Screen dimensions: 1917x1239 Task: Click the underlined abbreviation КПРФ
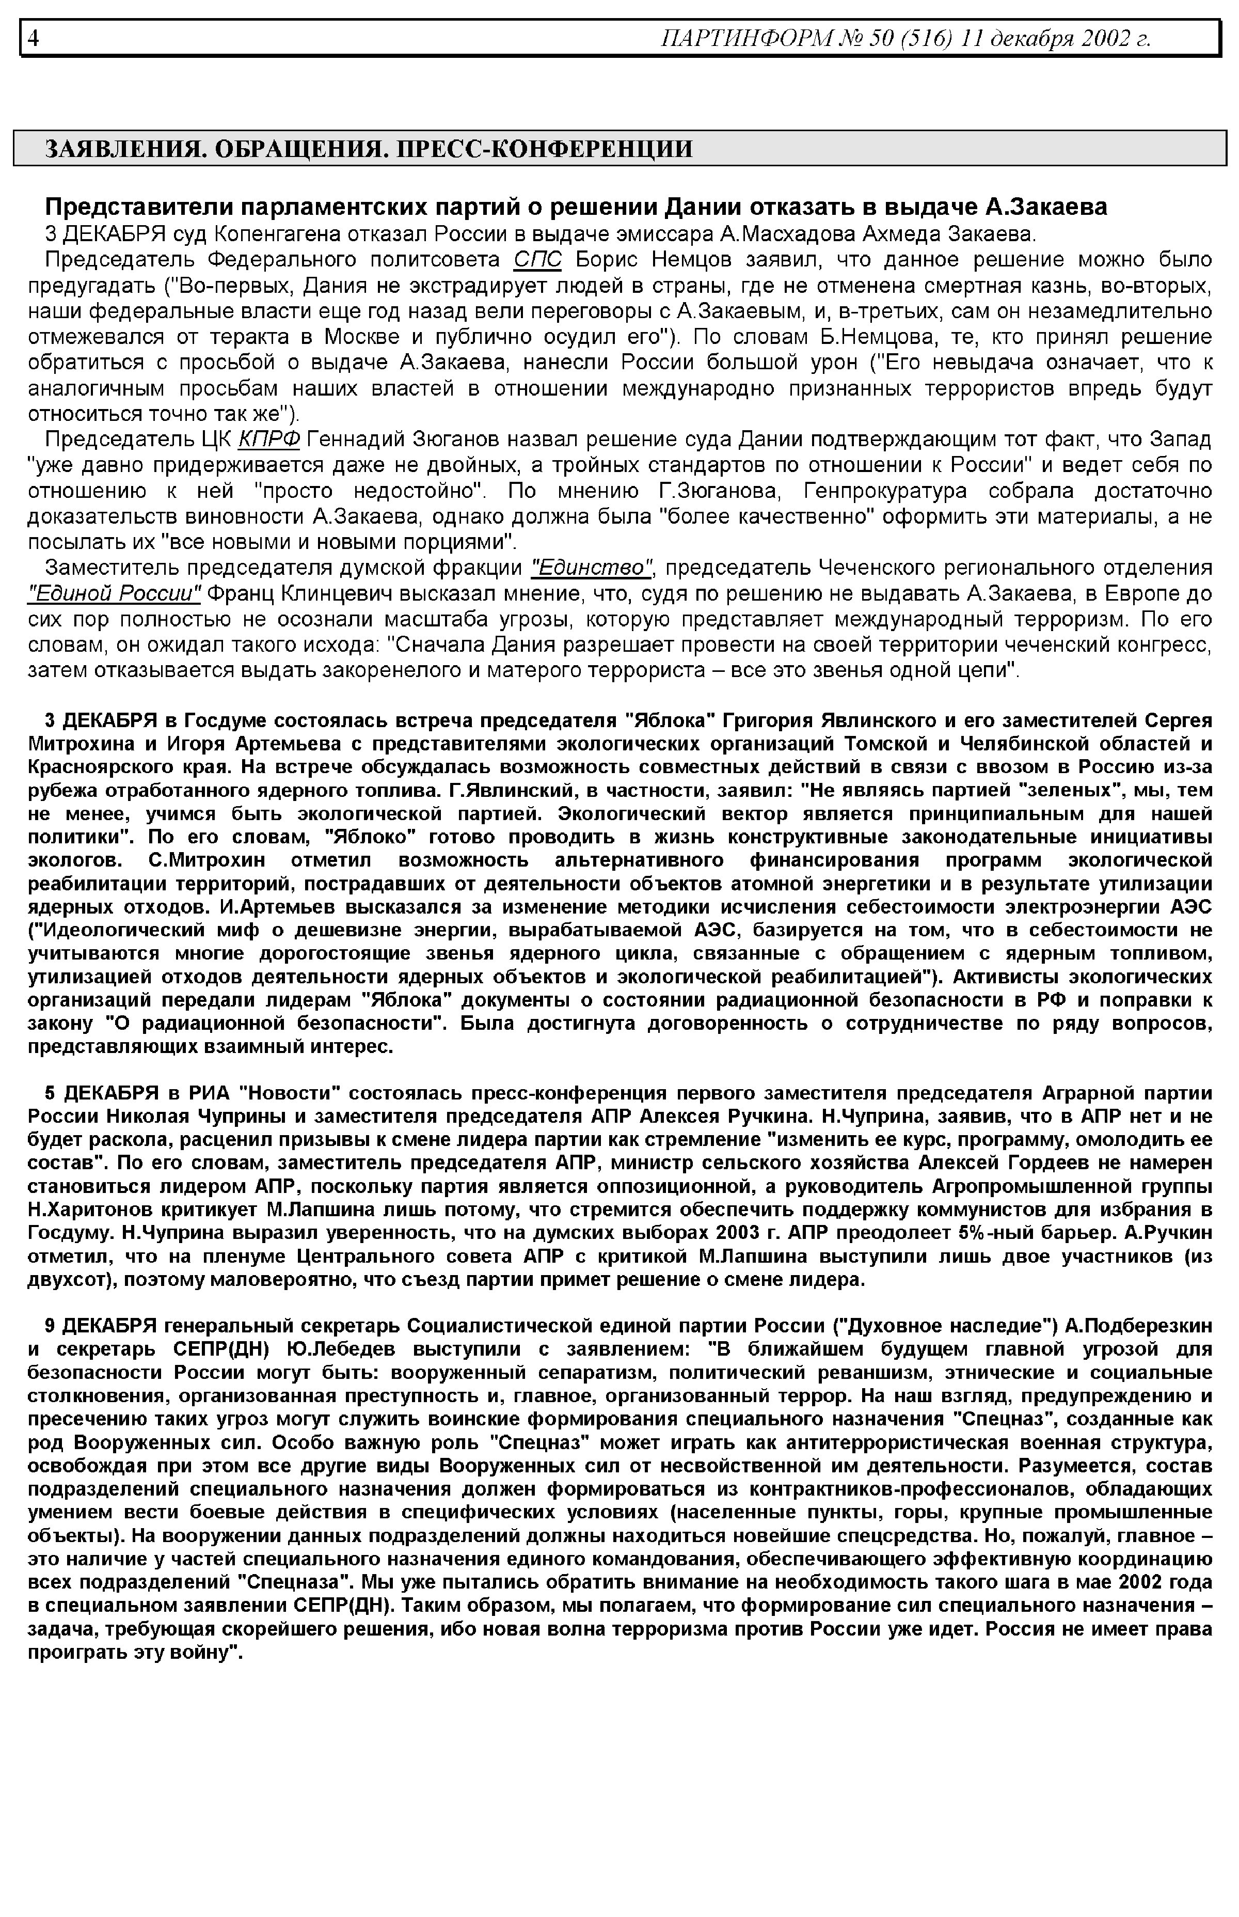click(269, 439)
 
